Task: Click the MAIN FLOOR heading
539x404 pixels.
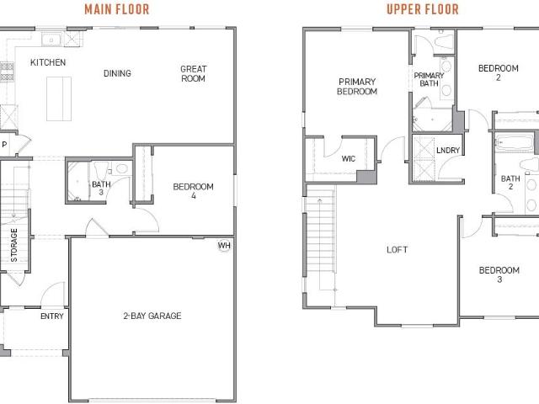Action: pyautogui.click(x=117, y=9)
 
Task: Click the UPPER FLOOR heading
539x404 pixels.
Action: pyautogui.click(x=423, y=9)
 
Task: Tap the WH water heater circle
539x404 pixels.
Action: pyautogui.click(x=224, y=246)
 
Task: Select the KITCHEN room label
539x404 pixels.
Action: pyautogui.click(x=48, y=62)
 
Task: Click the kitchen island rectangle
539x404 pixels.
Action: pyautogui.click(x=59, y=99)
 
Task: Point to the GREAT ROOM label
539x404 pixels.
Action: pyautogui.click(x=193, y=73)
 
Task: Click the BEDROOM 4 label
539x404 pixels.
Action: pyautogui.click(x=193, y=191)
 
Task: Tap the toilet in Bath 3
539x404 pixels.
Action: pyautogui.click(x=101, y=170)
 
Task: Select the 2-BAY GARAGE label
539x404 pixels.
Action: pyautogui.click(x=152, y=316)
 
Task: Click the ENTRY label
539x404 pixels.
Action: pyautogui.click(x=52, y=316)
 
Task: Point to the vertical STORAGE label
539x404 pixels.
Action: pyautogui.click(x=13, y=245)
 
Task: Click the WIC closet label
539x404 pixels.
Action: pyautogui.click(x=349, y=158)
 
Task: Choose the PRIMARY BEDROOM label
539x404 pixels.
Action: pyautogui.click(x=357, y=87)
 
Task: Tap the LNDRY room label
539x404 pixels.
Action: pyautogui.click(x=448, y=150)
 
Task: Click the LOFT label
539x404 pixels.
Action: pyautogui.click(x=398, y=249)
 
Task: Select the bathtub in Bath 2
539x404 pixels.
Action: pyautogui.click(x=514, y=142)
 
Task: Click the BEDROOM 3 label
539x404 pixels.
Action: pyautogui.click(x=499, y=274)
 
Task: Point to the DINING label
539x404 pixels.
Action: pyautogui.click(x=117, y=73)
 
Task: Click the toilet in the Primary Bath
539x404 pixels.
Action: pyautogui.click(x=444, y=41)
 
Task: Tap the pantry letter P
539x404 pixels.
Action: pyautogui.click(x=4, y=145)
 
